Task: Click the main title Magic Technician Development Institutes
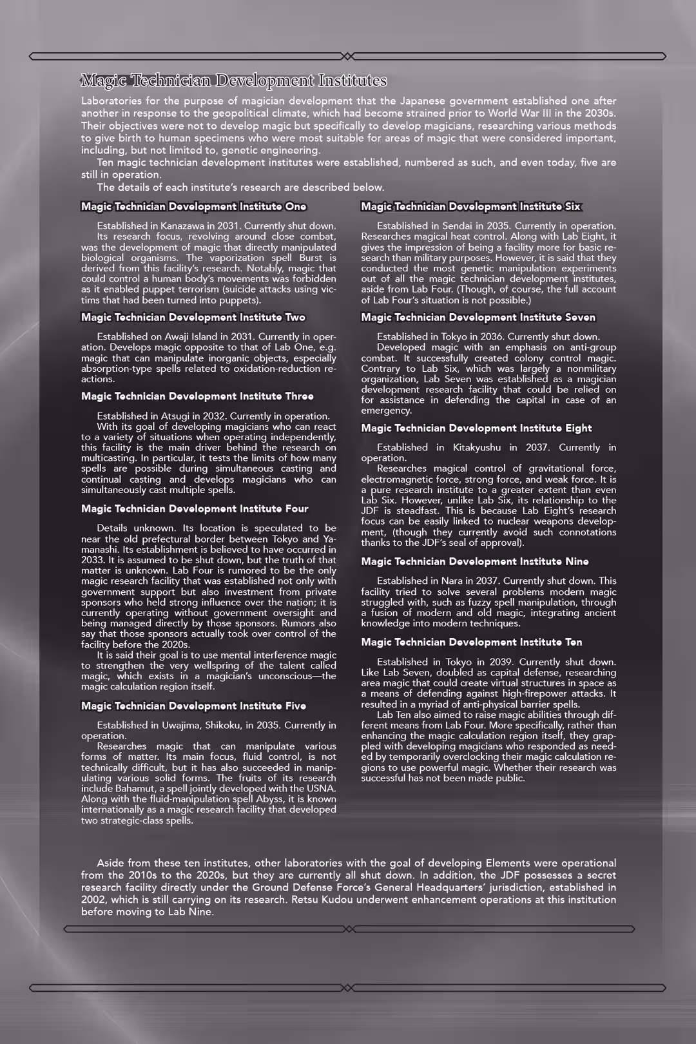tap(233, 81)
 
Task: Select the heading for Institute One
tap(193, 207)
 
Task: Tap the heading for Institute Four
tap(195, 509)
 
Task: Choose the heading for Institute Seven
tap(478, 318)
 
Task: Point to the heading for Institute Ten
tap(471, 643)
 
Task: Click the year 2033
tap(92, 560)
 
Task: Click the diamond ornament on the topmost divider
tap(347, 56)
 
